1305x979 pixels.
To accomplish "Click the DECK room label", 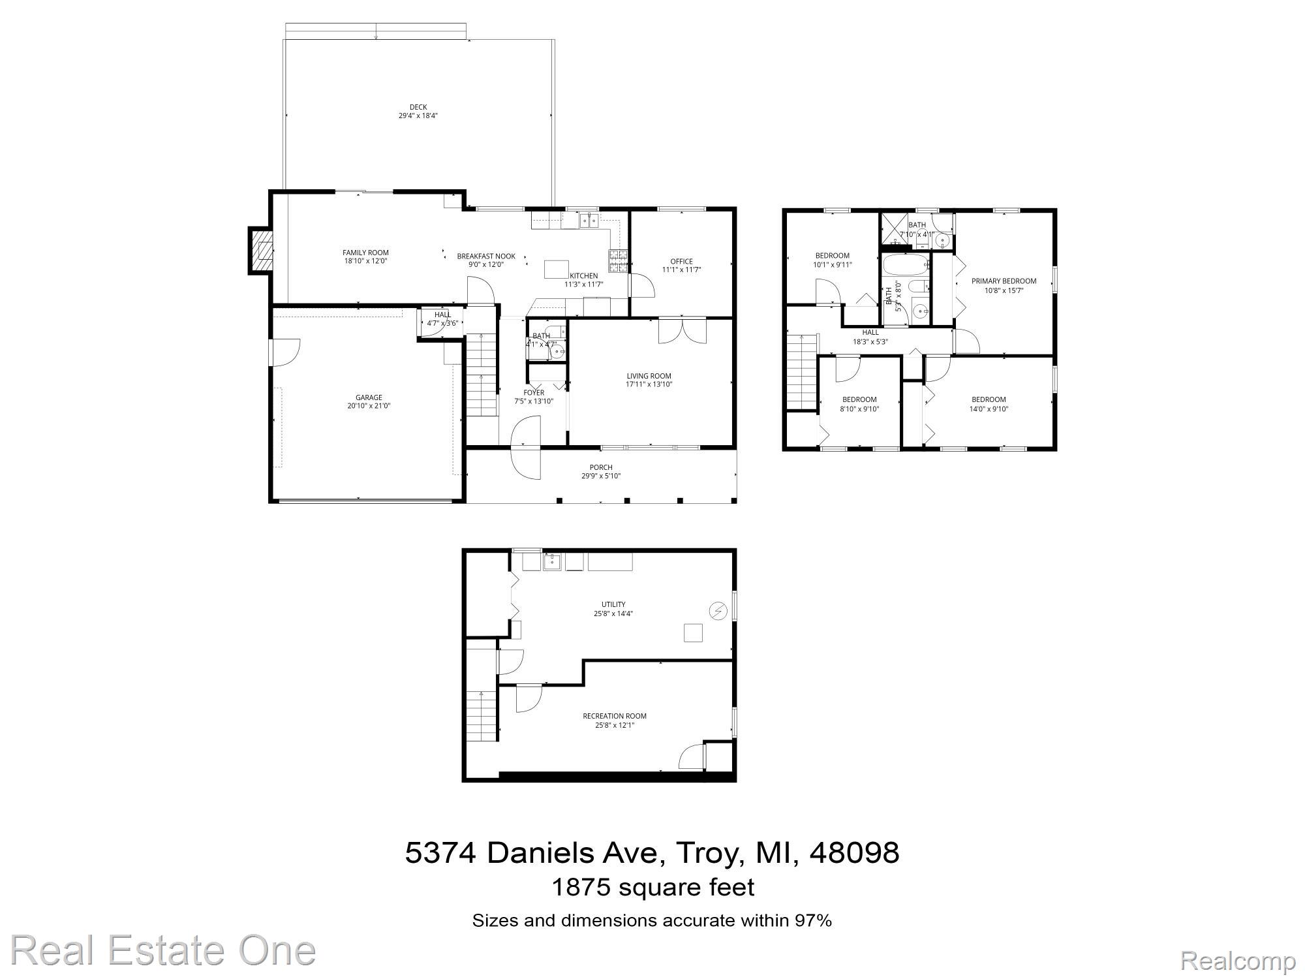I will [x=418, y=107].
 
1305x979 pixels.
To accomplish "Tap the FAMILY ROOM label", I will [x=365, y=253].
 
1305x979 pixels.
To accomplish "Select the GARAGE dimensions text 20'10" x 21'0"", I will [x=369, y=406].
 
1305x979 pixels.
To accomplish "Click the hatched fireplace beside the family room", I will [x=261, y=251].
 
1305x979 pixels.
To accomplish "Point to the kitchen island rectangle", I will [x=557, y=269].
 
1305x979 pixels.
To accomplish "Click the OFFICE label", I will [x=681, y=261].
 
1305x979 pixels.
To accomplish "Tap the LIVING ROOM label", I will [x=649, y=376].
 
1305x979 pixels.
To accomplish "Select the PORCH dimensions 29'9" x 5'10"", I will [x=601, y=476].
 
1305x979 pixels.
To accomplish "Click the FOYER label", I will [x=534, y=392].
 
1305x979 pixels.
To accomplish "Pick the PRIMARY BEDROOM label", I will [x=1004, y=281].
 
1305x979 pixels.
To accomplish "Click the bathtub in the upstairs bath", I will [x=905, y=265].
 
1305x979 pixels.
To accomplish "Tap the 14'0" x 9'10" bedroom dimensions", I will [x=989, y=409].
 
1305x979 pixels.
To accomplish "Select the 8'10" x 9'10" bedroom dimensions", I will [x=859, y=409].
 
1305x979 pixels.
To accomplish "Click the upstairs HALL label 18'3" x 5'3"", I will [x=870, y=332].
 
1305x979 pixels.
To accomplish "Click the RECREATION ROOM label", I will [x=615, y=716].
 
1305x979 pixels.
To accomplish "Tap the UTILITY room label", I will [x=613, y=604].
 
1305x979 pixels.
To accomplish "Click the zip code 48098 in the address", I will [x=854, y=852].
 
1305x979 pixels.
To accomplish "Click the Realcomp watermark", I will [x=1238, y=961].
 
